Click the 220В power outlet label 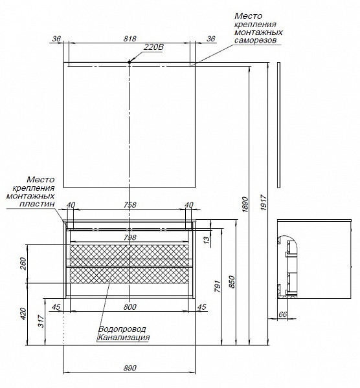(153, 47)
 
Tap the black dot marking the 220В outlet (129, 62)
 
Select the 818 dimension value (129, 39)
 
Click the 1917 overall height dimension (264, 202)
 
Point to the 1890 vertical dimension (245, 204)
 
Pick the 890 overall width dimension (129, 368)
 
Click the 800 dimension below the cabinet (129, 307)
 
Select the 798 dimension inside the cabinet (129, 237)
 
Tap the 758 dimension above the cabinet (129, 205)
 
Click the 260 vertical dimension (23, 264)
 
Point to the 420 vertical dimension (23, 314)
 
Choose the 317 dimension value (41, 321)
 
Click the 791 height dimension (218, 286)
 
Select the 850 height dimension (232, 281)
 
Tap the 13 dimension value (207, 239)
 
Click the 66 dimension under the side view (283, 314)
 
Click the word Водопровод (122, 329)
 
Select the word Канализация (124, 338)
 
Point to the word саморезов (255, 41)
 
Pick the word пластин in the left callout (37, 204)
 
